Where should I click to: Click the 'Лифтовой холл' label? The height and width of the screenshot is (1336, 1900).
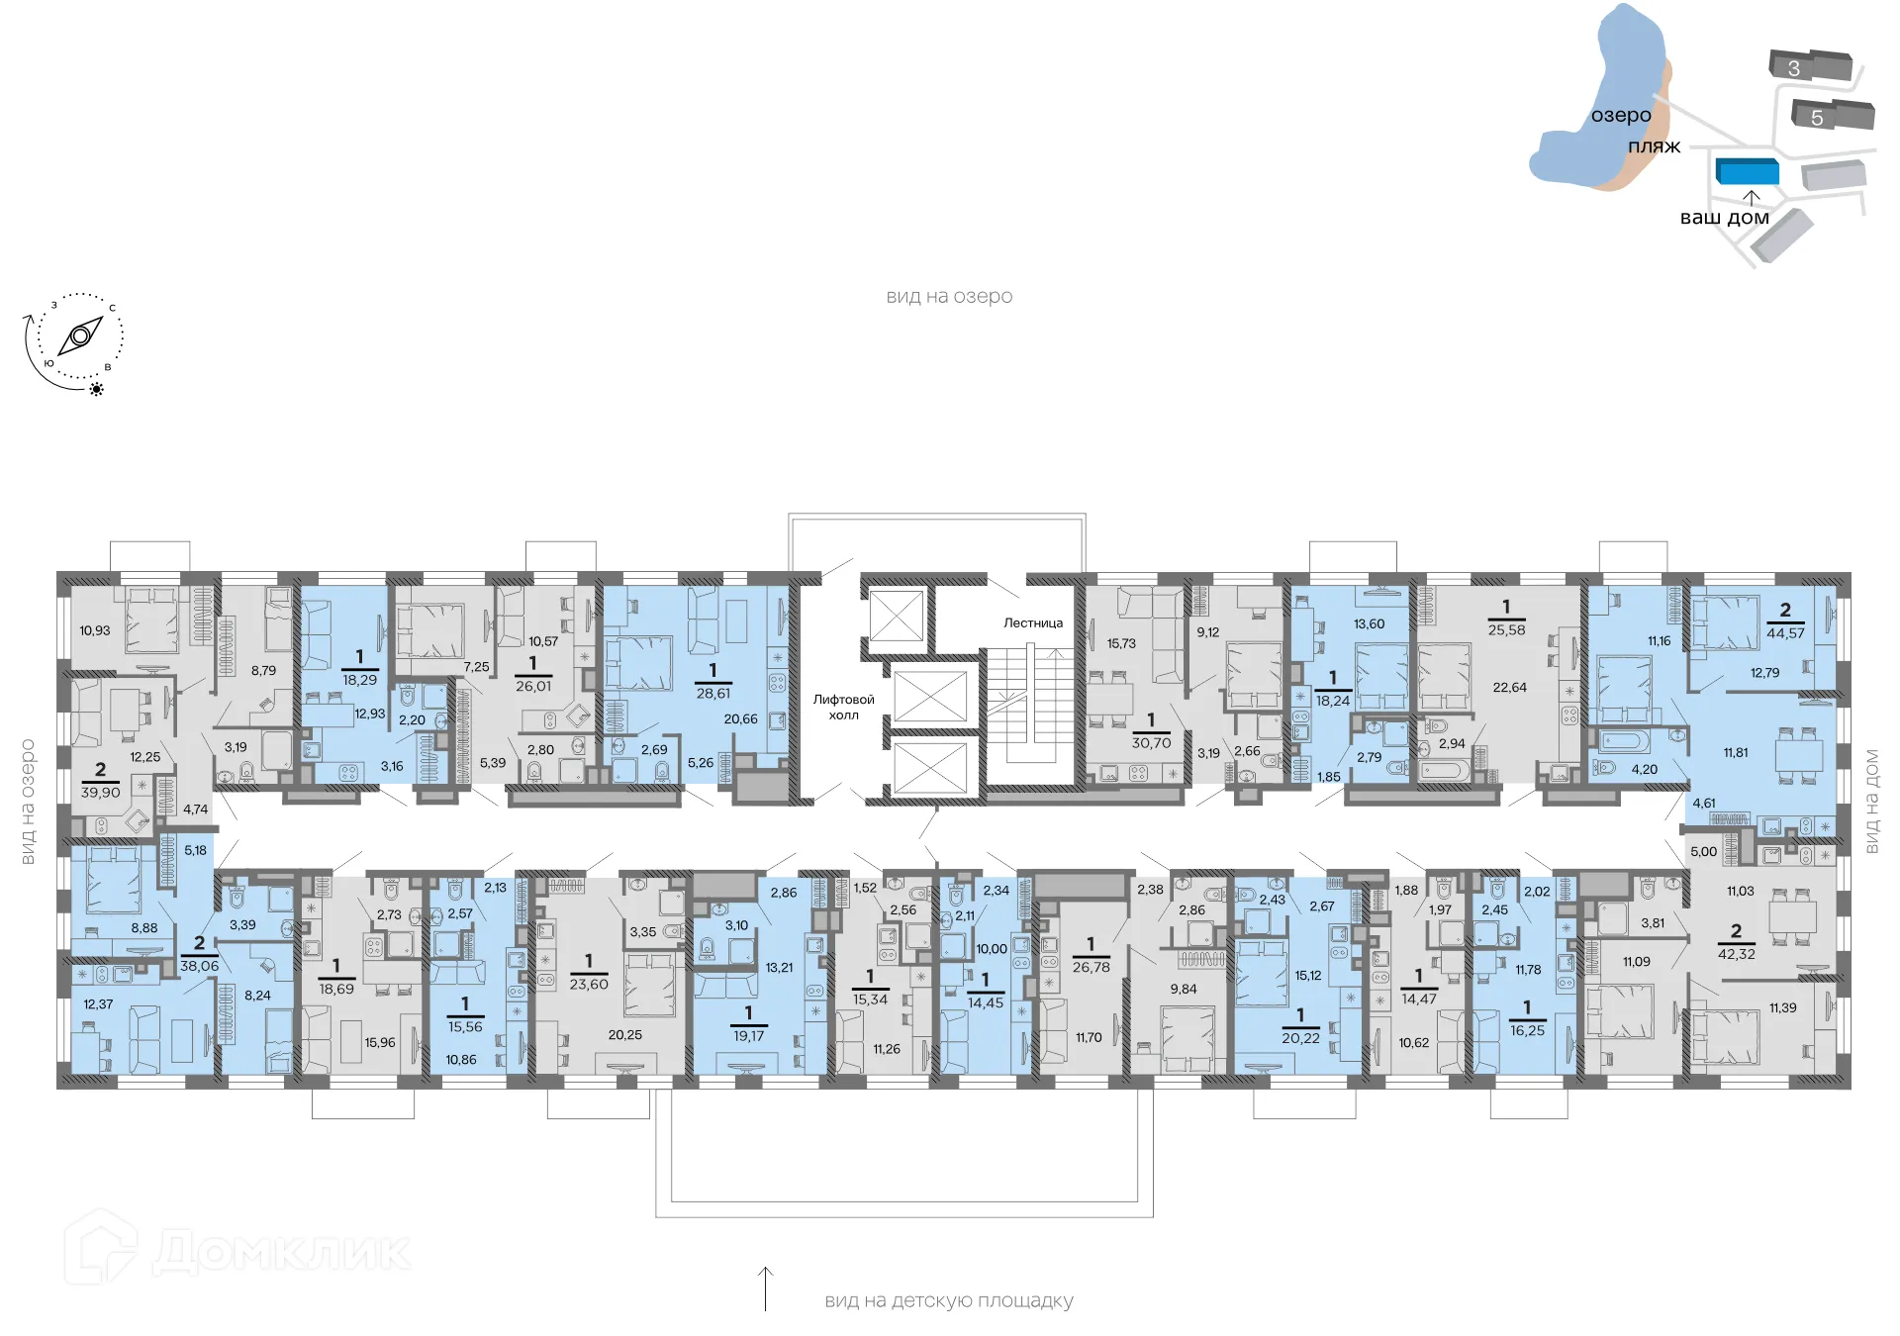click(x=843, y=707)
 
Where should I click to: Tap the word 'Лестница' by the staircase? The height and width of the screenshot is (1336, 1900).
click(x=1032, y=622)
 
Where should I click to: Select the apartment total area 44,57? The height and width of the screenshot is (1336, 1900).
click(x=1785, y=633)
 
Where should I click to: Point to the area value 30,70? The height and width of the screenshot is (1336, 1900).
click(x=1151, y=743)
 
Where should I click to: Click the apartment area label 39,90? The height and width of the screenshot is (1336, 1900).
click(x=100, y=793)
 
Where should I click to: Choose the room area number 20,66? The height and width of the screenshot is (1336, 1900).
click(x=740, y=719)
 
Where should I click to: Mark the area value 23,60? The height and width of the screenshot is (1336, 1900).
click(x=589, y=985)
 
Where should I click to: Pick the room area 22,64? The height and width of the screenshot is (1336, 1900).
click(x=1509, y=688)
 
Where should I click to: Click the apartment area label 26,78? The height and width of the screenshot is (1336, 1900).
click(x=1091, y=968)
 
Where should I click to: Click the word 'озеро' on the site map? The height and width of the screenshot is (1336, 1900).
click(x=1621, y=116)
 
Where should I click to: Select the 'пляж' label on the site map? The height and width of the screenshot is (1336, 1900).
click(x=1654, y=146)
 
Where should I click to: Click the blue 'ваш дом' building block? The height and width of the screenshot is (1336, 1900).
click(x=1747, y=171)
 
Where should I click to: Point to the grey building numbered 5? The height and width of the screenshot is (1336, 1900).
click(x=1833, y=116)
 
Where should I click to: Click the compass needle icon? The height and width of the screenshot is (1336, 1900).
click(x=80, y=336)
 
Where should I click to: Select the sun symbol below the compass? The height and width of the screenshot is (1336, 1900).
click(x=97, y=389)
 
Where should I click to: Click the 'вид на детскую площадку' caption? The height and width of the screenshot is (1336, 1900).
click(x=948, y=1301)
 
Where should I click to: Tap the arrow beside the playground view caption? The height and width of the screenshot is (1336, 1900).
click(x=765, y=1288)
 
